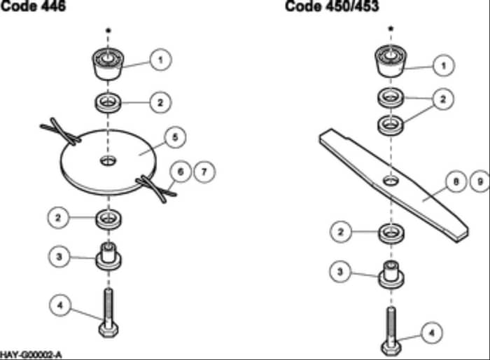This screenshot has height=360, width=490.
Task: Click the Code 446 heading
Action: (33, 6)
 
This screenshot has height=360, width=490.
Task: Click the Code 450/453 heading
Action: (332, 6)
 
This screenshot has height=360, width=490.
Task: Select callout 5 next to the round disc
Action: (175, 137)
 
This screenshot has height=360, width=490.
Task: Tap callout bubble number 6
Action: (181, 172)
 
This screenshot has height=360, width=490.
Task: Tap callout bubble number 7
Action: (204, 172)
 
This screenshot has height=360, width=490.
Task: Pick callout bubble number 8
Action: (456, 181)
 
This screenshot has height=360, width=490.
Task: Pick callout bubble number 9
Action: (480, 181)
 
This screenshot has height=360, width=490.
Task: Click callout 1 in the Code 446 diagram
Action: (160, 60)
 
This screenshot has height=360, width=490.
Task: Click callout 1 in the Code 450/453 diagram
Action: (443, 65)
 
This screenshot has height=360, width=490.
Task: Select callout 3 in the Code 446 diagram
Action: (59, 257)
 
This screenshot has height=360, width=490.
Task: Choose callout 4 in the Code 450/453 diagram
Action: (432, 333)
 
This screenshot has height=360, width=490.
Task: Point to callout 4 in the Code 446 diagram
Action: (60, 305)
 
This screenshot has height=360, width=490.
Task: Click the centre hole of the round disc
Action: (108, 161)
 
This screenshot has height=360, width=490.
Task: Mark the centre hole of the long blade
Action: (391, 181)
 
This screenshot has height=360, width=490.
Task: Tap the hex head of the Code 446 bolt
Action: (108, 330)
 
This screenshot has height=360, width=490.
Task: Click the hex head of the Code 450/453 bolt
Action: (391, 348)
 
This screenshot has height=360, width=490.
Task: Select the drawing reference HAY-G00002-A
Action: (31, 355)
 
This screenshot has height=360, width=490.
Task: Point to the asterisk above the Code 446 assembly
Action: (108, 30)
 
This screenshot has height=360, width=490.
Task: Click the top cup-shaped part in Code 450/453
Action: (391, 61)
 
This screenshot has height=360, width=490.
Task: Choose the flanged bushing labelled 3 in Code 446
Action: (108, 256)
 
